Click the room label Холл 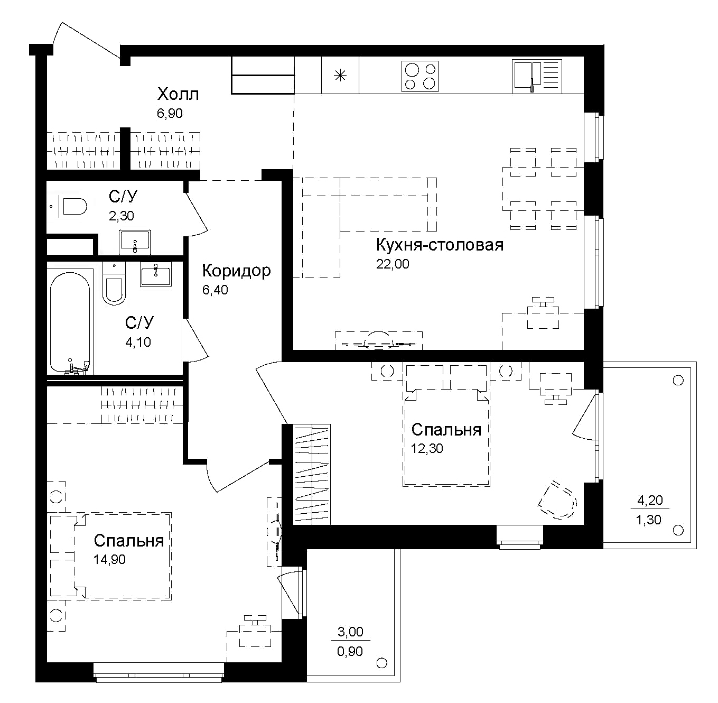pyautogui.click(x=178, y=95)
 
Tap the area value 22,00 pyautogui.click(x=392, y=264)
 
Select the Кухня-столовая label pyautogui.click(x=440, y=245)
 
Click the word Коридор pyautogui.click(x=236, y=271)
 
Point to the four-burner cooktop pyautogui.click(x=420, y=76)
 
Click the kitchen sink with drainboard pyautogui.click(x=536, y=76)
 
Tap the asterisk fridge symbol pyautogui.click(x=340, y=76)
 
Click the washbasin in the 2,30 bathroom pyautogui.click(x=135, y=243)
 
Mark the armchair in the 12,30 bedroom pyautogui.click(x=557, y=500)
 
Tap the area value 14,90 pyautogui.click(x=109, y=559)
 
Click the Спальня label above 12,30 pyautogui.click(x=446, y=430)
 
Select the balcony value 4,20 pyautogui.click(x=650, y=499)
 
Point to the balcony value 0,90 pyautogui.click(x=350, y=651)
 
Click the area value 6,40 pyautogui.click(x=215, y=290)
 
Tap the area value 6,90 pyautogui.click(x=170, y=113)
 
